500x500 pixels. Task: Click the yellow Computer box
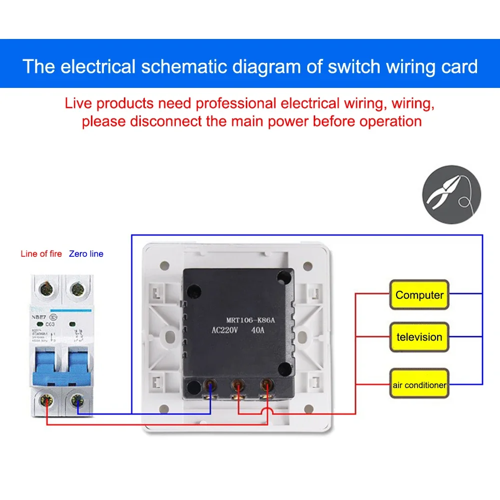(x=419, y=295)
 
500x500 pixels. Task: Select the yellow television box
(x=419, y=337)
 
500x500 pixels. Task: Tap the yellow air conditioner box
(x=419, y=385)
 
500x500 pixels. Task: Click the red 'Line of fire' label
(x=41, y=254)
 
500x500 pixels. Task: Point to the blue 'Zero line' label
(x=86, y=254)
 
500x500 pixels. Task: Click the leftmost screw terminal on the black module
(x=211, y=386)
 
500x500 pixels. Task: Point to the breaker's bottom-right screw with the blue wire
(x=77, y=400)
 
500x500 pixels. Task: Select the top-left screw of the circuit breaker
(x=48, y=288)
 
